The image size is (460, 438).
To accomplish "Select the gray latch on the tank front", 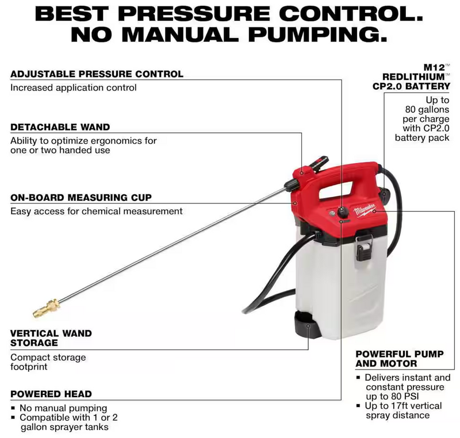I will pos(363,245).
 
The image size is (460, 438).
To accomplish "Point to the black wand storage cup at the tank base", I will pos(305,326).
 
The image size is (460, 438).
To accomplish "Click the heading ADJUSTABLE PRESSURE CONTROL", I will pos(97,74).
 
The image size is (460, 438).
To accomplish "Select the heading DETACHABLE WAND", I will pos(60,126).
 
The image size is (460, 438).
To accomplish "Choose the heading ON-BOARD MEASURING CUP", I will pos(81,198).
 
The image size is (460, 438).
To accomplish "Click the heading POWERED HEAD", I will pos(51,394).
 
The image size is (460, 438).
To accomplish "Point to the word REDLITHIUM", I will pos(415,76).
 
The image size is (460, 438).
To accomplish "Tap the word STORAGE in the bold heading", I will pos(34,343).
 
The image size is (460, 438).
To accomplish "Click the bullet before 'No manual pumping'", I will pos(14,408).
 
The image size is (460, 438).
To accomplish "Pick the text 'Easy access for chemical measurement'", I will pos(97,211).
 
